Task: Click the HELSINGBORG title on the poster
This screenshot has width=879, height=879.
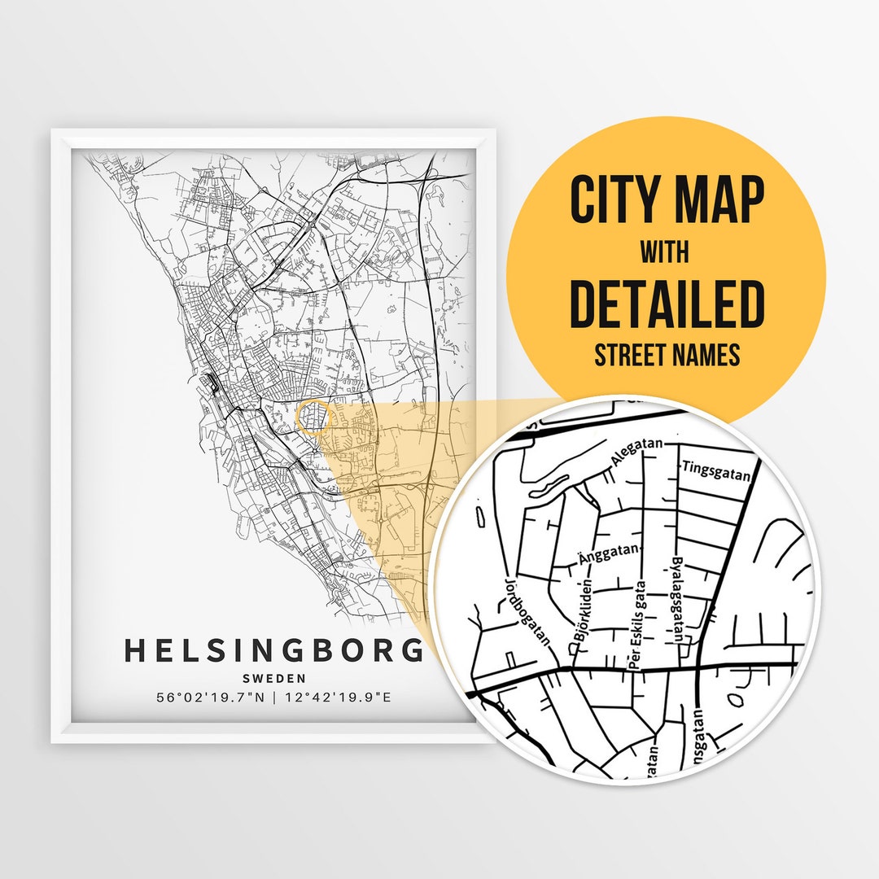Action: coord(275,651)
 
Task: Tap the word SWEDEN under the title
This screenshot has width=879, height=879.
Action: coord(274,679)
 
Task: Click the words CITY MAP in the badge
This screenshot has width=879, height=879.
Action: coord(667,199)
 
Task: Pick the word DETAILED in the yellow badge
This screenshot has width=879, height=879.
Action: coord(667,304)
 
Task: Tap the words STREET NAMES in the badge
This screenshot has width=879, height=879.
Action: coord(667,356)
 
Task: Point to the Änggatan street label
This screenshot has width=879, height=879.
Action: coord(610,555)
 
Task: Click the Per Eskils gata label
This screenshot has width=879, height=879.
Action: coord(637,623)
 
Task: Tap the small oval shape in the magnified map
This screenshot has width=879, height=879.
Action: coord(737,699)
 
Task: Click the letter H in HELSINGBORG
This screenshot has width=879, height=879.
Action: coord(135,651)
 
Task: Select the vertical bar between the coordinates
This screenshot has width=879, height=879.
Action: coord(274,698)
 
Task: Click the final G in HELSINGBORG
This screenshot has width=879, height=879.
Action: coord(414,651)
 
